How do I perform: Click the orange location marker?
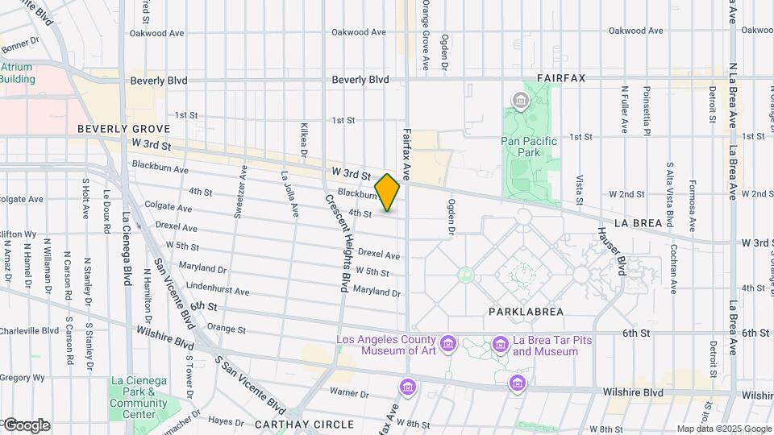pos(387,193)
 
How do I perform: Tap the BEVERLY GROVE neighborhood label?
pos(123,129)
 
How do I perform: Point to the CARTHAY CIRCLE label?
pos(304,424)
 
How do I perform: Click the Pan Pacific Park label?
pos(529,145)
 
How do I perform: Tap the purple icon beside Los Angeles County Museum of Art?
pos(449,345)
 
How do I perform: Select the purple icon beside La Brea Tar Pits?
pos(500,345)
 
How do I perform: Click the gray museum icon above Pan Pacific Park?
pos(520,101)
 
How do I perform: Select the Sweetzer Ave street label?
pos(239,192)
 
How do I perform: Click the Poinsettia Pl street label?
pos(645,109)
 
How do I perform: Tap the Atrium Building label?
pos(18,73)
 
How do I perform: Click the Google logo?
pos(26,425)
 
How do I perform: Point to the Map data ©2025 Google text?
pos(723,429)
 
